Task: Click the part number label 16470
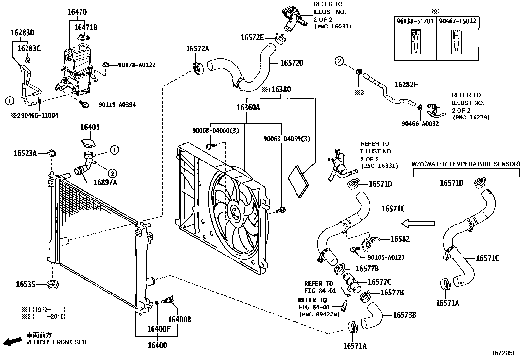pyautogui.click(x=77, y=12)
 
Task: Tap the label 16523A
pyautogui.click(x=25, y=153)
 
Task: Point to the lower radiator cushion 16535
pyautogui.click(x=51, y=285)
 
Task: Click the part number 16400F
pyautogui.click(x=159, y=328)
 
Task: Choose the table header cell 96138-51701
pyautogui.click(x=415, y=21)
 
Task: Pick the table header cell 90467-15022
pyautogui.click(x=458, y=21)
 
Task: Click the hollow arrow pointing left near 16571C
pyautogui.click(x=418, y=224)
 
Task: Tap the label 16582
pyautogui.click(x=400, y=239)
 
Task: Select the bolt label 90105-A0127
pyautogui.click(x=386, y=257)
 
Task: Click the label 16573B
pyautogui.click(x=404, y=315)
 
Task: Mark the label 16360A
pyautogui.click(x=248, y=107)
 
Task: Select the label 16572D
pyautogui.click(x=292, y=63)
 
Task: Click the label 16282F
pyautogui.click(x=406, y=85)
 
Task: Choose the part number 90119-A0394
pyautogui.click(x=117, y=105)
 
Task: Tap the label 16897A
pyautogui.click(x=105, y=182)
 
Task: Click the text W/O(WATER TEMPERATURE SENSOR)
pyautogui.click(x=465, y=164)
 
